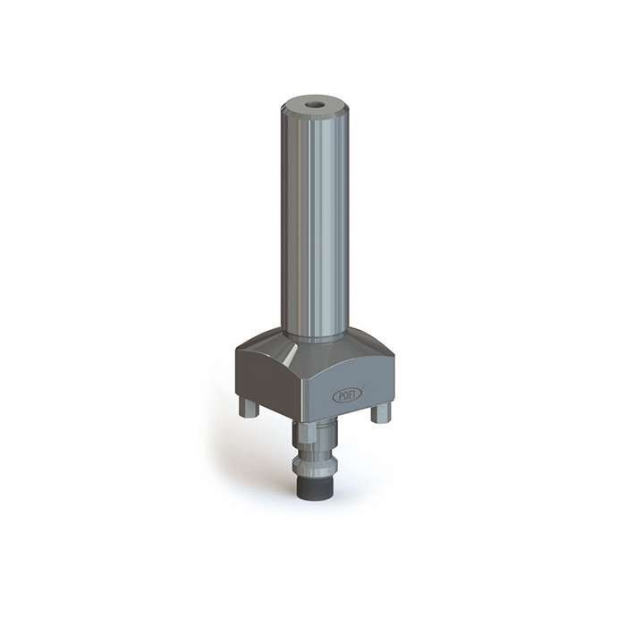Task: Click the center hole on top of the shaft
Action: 314,105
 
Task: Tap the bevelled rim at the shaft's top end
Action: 314,115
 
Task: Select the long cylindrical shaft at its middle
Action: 314,224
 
